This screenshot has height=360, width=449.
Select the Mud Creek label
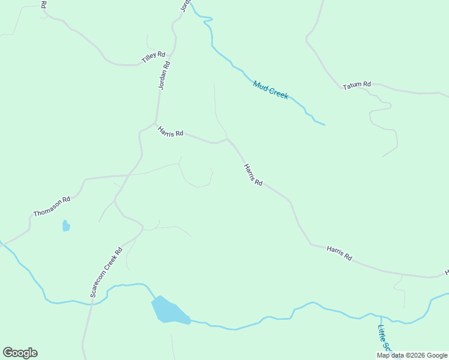[271, 90]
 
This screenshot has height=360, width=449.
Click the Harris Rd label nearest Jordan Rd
[170, 131]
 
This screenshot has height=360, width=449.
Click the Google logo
[20, 353]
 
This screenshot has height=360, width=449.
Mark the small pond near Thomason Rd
[66, 226]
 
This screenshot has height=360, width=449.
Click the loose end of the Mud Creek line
[324, 124]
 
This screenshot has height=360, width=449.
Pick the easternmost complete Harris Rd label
[339, 253]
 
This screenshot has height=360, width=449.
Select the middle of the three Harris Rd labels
[253, 175]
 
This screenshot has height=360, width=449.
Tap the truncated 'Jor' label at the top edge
[185, 5]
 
